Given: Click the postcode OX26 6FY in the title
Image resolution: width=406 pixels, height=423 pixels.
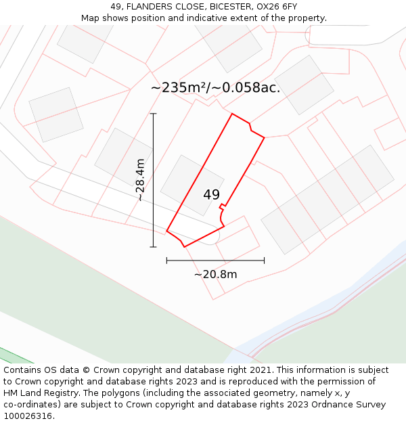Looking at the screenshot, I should (x=276, y=6).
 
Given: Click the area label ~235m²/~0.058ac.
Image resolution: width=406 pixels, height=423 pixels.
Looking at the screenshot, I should (x=215, y=87).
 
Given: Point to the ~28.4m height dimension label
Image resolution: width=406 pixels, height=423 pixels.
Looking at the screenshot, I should (x=140, y=180).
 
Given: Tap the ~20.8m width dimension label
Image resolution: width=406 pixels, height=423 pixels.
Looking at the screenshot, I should (x=215, y=274).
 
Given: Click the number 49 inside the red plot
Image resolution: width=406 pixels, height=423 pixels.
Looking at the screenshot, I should (x=211, y=195).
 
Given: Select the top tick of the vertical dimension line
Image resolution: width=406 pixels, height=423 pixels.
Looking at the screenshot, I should (x=154, y=114).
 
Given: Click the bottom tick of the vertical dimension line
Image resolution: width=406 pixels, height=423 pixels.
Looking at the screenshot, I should (x=154, y=247).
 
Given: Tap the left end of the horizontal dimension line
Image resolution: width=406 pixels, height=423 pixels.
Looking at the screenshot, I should (x=167, y=260).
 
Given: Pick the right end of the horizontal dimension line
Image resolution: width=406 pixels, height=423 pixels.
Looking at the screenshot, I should (x=264, y=260).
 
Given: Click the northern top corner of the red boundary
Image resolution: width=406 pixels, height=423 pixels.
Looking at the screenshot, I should (x=232, y=114).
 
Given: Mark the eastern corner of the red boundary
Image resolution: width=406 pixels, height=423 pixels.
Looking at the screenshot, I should (x=264, y=138).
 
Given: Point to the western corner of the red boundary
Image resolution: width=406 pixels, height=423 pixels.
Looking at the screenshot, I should (x=167, y=231).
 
